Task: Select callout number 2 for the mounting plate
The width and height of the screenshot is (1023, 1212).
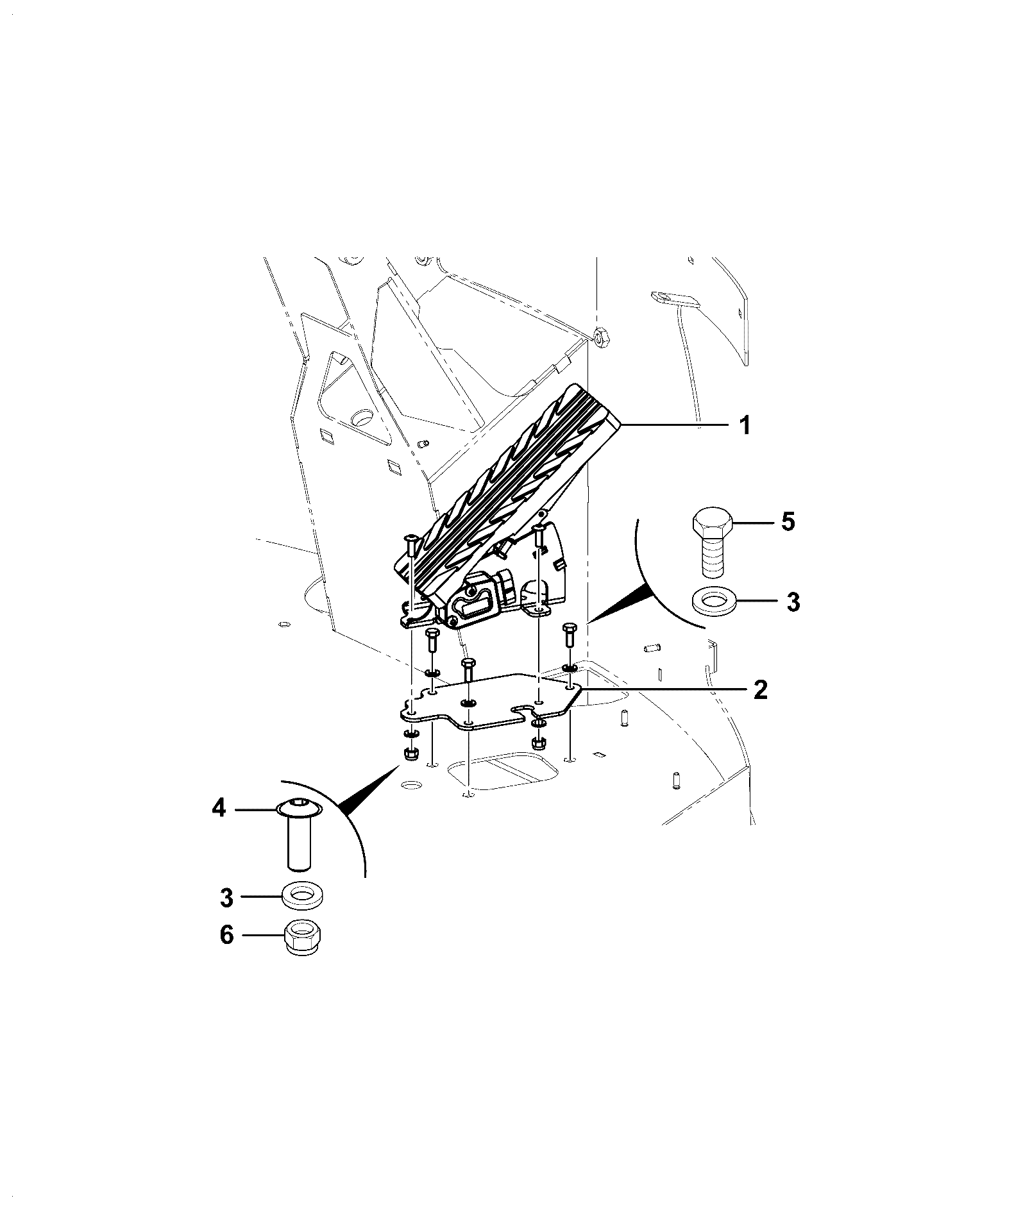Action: pyautogui.click(x=760, y=691)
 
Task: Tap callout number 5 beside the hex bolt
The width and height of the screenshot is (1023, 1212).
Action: pyautogui.click(x=788, y=521)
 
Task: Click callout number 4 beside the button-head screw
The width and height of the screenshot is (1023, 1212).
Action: pyautogui.click(x=219, y=809)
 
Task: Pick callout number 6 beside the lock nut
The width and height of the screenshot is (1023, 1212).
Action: pyautogui.click(x=227, y=935)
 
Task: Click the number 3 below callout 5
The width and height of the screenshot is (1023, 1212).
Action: pyautogui.click(x=793, y=602)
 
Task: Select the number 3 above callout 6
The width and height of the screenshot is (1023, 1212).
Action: pyautogui.click(x=227, y=898)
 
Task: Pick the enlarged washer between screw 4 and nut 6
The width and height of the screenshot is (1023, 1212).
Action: pyautogui.click(x=302, y=894)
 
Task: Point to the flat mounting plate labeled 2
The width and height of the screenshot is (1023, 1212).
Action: pyautogui.click(x=487, y=702)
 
